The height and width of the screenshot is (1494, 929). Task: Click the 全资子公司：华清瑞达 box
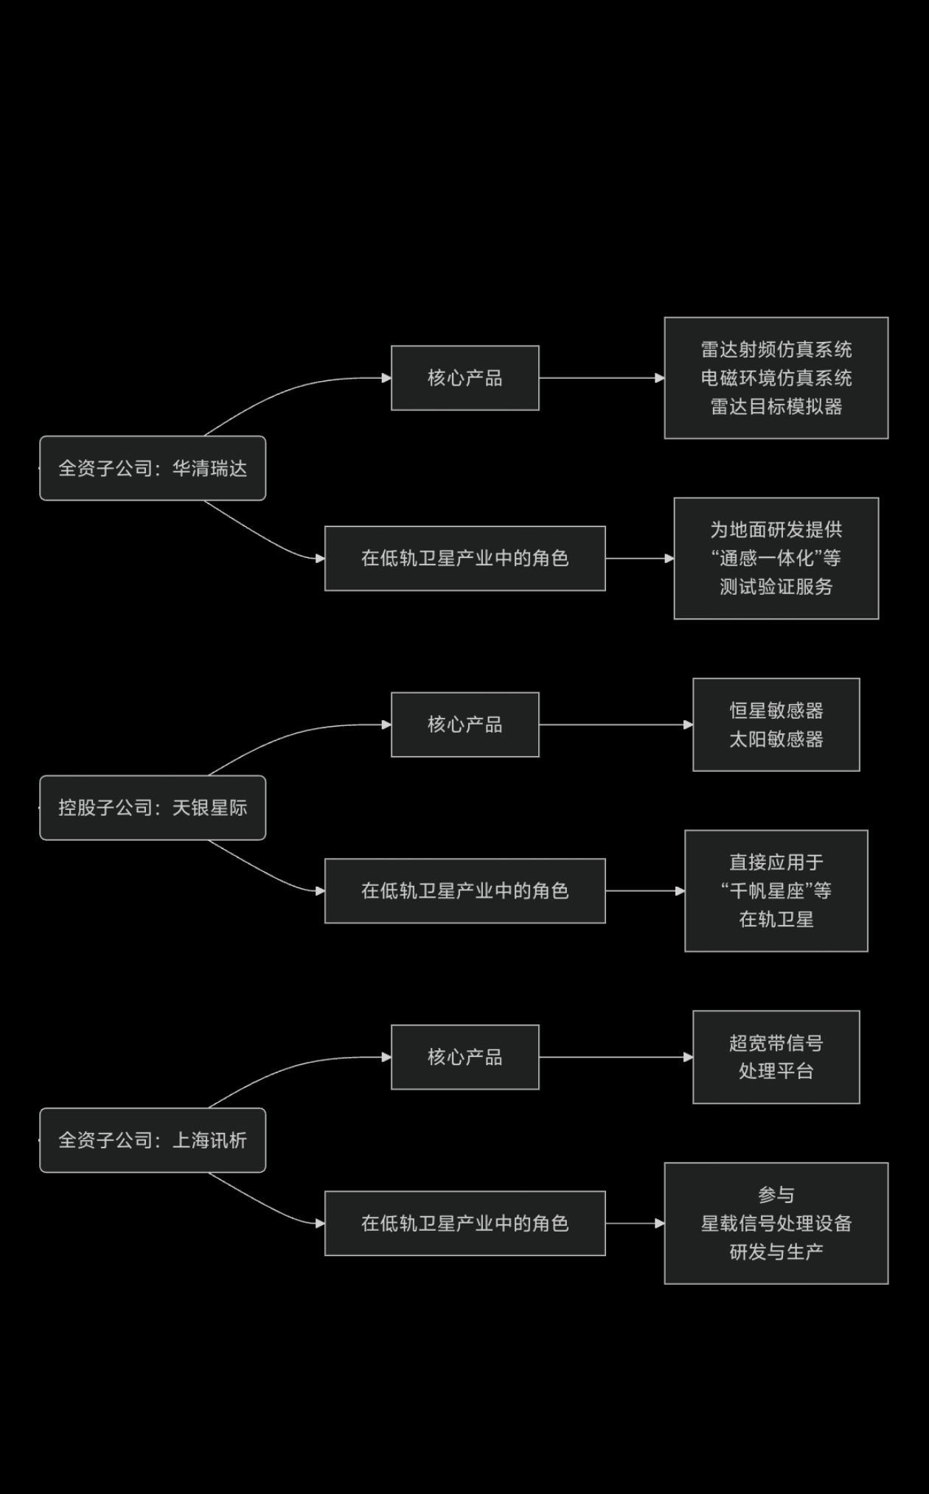[x=153, y=468]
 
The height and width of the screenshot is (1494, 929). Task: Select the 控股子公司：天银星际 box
[x=153, y=808]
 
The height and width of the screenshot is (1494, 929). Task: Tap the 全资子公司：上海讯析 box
[x=153, y=1140]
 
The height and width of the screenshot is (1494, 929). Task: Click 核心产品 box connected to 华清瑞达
[x=464, y=378]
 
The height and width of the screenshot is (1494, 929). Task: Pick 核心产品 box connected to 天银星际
[x=464, y=725]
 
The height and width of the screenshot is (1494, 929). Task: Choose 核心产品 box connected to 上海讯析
[x=464, y=1057]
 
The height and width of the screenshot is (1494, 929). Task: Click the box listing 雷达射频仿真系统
[x=776, y=378]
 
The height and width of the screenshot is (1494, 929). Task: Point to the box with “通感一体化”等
[x=776, y=559]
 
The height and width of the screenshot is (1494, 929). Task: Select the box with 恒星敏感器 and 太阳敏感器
[x=776, y=725]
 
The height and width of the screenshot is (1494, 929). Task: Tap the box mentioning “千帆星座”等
[x=776, y=891]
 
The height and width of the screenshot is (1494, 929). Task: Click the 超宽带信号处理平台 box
[x=776, y=1057]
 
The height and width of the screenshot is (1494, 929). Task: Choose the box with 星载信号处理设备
[x=776, y=1224]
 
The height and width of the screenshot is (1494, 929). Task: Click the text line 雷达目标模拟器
[x=776, y=407]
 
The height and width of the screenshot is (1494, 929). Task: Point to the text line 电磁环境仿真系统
[x=776, y=378]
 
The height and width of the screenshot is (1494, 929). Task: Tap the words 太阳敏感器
[x=776, y=739]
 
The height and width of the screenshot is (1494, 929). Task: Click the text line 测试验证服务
[x=776, y=587]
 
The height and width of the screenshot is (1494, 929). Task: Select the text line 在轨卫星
[x=776, y=919]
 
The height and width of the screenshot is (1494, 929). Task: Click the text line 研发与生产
[x=776, y=1252]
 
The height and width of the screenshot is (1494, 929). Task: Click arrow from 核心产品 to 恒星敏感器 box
[x=616, y=725]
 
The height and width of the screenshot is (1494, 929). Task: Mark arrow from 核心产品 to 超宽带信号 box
[x=616, y=1057]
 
